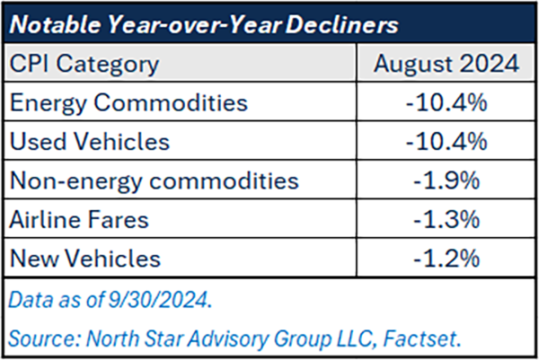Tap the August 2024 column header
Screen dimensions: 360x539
tap(446, 65)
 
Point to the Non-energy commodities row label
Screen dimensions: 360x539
tap(153, 180)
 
